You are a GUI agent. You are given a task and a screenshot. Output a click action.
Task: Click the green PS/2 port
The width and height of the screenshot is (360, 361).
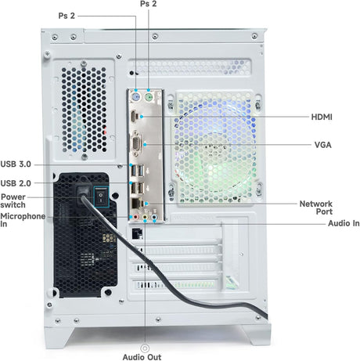click(x=149, y=98)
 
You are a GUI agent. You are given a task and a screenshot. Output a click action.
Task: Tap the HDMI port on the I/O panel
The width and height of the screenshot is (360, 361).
click(x=134, y=117)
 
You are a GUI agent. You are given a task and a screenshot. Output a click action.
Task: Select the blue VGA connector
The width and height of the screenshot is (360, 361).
click(x=136, y=143)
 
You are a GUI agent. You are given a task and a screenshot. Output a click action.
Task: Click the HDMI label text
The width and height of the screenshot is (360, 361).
click(x=322, y=117)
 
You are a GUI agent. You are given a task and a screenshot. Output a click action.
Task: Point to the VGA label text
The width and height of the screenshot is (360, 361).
click(x=323, y=145)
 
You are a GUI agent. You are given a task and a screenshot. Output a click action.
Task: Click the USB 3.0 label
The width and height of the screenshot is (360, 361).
click(x=16, y=164)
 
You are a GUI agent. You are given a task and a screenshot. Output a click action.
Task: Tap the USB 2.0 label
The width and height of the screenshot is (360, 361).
click(x=16, y=183)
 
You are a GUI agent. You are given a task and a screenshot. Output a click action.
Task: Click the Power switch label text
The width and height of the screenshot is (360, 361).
click(x=13, y=200)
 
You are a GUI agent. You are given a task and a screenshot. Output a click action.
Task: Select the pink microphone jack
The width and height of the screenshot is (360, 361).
click(x=135, y=217)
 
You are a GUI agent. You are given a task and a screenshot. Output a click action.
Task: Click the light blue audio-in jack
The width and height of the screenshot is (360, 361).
click(x=155, y=217)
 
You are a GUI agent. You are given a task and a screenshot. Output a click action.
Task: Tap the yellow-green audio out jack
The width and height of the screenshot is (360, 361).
click(x=145, y=217)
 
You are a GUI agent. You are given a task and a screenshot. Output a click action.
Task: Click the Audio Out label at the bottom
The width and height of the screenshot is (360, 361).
click(x=142, y=357)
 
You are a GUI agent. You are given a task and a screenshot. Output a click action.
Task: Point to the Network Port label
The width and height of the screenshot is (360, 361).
click(x=316, y=208)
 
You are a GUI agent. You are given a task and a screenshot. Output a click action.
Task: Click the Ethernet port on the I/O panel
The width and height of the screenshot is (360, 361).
click(x=136, y=203)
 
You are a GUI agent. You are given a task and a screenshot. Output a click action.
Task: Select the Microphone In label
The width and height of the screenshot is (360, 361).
click(x=23, y=220)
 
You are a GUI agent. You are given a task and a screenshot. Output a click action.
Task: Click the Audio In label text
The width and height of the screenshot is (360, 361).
click(x=344, y=223)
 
